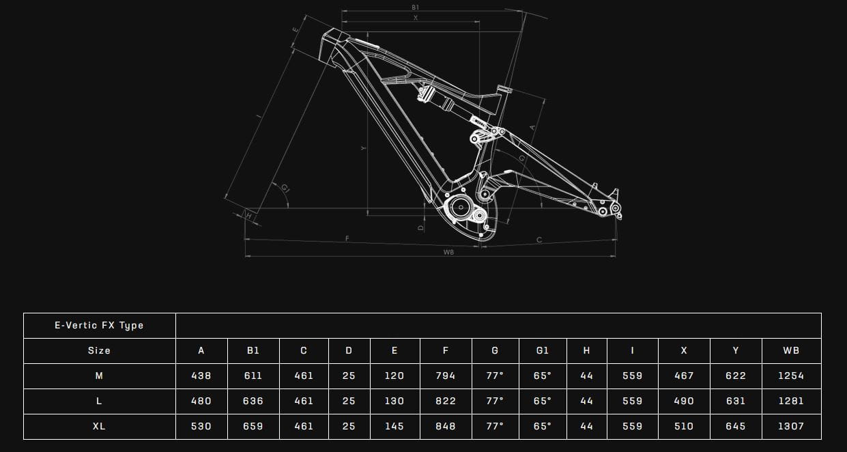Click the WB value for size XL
pos(790,426)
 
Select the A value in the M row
pos(201,376)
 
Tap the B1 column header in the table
pos(253,350)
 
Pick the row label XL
pos(99,426)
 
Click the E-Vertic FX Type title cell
pos(99,325)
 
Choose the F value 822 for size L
pos(445,401)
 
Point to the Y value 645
pos(735,426)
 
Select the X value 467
pos(683,376)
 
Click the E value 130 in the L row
pos(394,401)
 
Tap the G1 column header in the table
pos(542,350)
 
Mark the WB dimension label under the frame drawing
pos(448,252)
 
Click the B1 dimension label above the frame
pos(415,8)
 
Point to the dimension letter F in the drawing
pos(347,238)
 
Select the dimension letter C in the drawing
pos(539,240)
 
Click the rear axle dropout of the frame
pos(615,208)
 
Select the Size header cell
pos(99,350)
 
